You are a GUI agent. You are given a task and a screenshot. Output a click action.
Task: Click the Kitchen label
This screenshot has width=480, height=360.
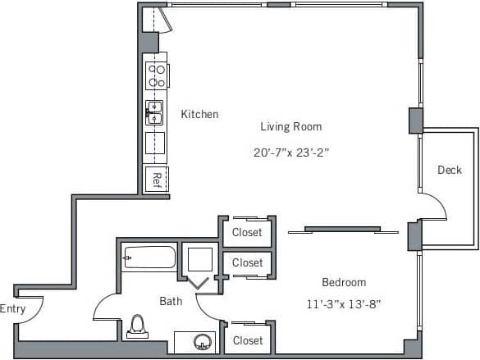(x=199, y=114)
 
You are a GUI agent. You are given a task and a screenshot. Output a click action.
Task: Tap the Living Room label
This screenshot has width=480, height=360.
(x=290, y=126)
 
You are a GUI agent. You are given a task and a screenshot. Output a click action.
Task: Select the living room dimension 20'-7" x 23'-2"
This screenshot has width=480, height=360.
(x=291, y=152)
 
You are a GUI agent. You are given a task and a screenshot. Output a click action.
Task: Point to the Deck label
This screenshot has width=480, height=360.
(x=449, y=170)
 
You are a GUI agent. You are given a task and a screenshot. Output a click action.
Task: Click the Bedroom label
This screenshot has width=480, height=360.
(x=343, y=281)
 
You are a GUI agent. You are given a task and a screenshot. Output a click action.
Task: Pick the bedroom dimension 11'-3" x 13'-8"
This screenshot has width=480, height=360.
(x=342, y=303)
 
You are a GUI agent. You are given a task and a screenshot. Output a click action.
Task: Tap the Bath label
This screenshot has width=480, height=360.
(x=171, y=301)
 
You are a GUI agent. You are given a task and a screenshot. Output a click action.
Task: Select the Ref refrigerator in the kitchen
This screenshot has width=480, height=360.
(x=156, y=180)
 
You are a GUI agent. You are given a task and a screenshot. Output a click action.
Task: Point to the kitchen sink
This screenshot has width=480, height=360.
(x=155, y=112)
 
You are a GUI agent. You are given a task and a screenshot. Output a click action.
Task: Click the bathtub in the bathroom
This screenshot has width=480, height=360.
(x=149, y=257)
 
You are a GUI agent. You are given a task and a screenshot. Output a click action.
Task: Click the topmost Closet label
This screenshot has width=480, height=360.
(x=247, y=232)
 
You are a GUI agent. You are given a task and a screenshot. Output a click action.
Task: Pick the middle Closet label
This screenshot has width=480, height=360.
(x=247, y=262)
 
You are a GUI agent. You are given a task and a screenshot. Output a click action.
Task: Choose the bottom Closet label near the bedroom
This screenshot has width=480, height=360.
(x=248, y=339)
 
